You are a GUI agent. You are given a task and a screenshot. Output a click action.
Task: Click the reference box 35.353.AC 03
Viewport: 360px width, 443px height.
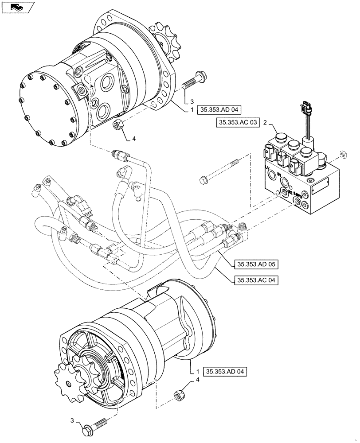[238, 123]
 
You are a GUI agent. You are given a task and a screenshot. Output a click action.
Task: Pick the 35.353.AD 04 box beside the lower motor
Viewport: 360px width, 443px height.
[225, 371]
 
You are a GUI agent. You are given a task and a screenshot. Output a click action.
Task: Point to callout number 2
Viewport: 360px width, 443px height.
[264, 122]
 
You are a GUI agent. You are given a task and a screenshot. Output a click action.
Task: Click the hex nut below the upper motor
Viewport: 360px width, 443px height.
[118, 125]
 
